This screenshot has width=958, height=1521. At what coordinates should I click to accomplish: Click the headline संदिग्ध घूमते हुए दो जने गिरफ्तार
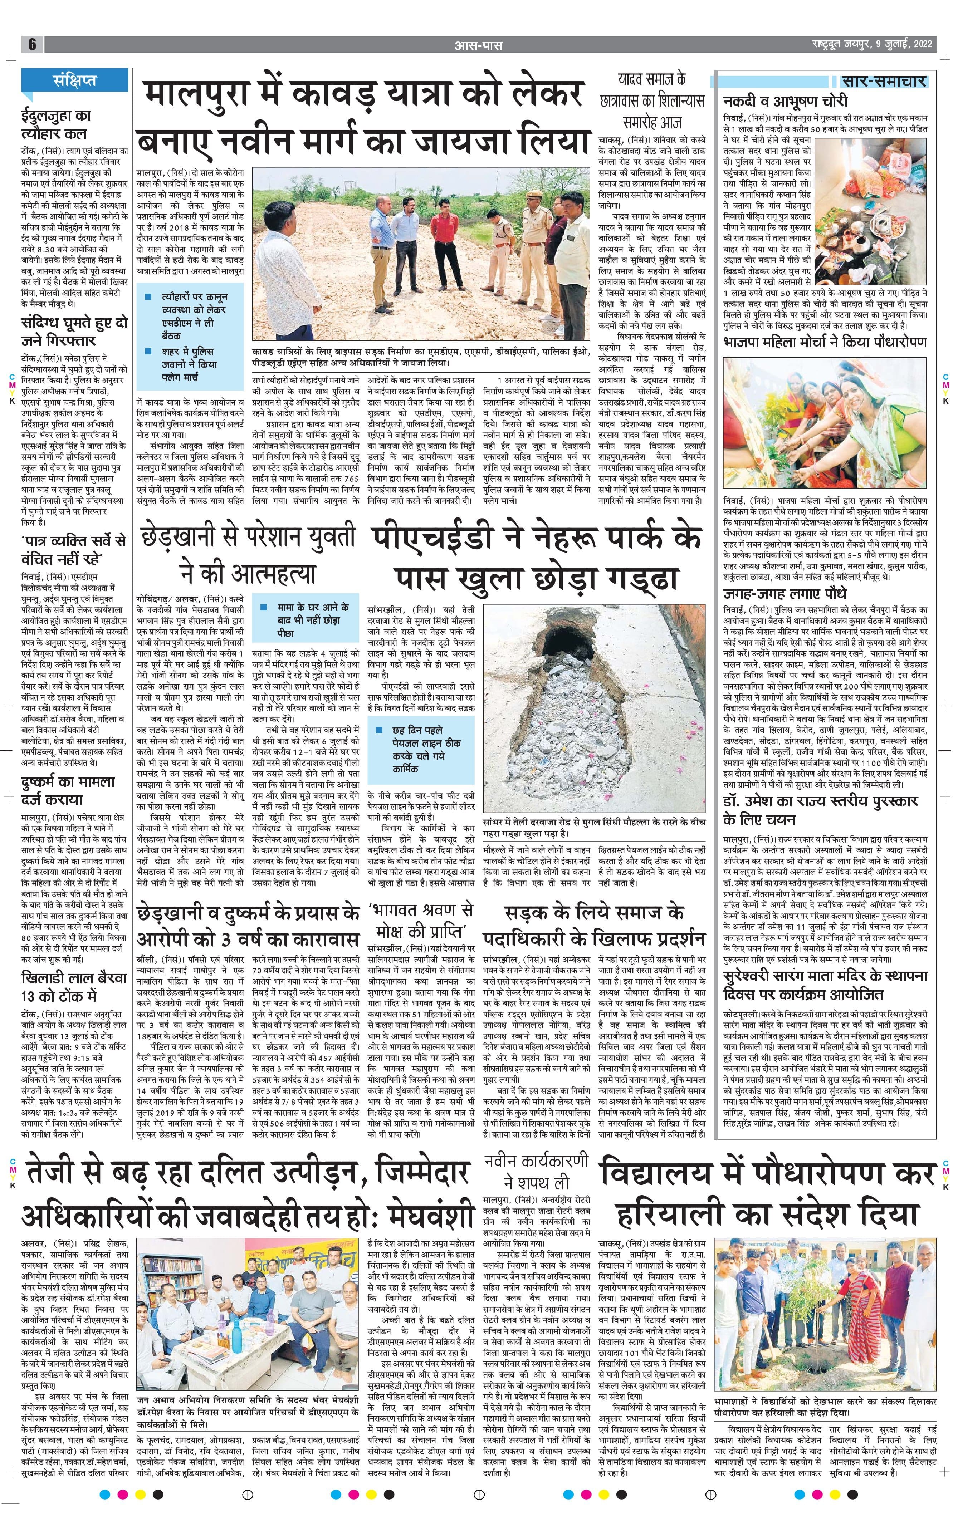point(74,332)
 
